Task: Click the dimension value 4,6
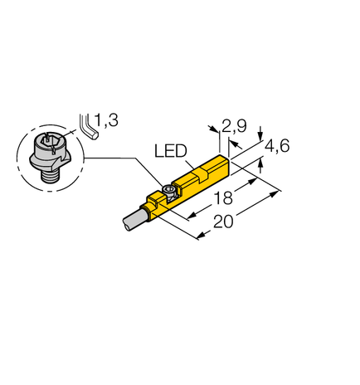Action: click(276, 149)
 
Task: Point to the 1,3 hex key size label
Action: click(106, 122)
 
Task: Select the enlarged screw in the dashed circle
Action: click(51, 153)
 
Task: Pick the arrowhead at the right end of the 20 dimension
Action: click(277, 193)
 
